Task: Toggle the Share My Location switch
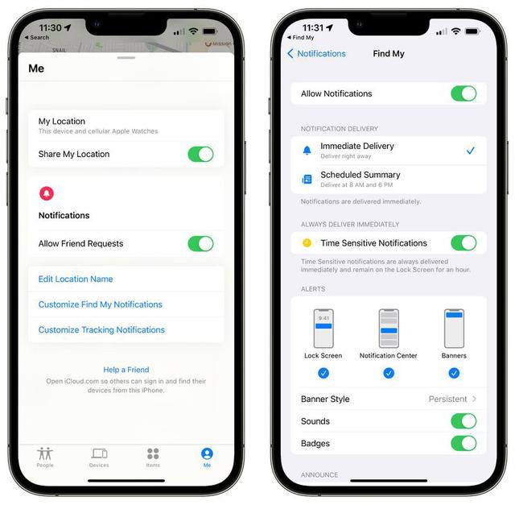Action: (200, 154)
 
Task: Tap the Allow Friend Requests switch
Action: (200, 243)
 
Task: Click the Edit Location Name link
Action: (76, 279)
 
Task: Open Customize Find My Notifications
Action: (101, 304)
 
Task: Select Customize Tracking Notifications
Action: (101, 329)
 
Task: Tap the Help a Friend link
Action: (127, 370)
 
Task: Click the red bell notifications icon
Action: (47, 193)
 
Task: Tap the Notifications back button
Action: (316, 54)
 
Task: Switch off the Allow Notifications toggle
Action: (463, 93)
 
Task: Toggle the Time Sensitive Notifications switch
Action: (463, 243)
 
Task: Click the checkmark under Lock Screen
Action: (323, 373)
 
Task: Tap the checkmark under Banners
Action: (454, 373)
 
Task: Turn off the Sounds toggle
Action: (463, 421)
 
